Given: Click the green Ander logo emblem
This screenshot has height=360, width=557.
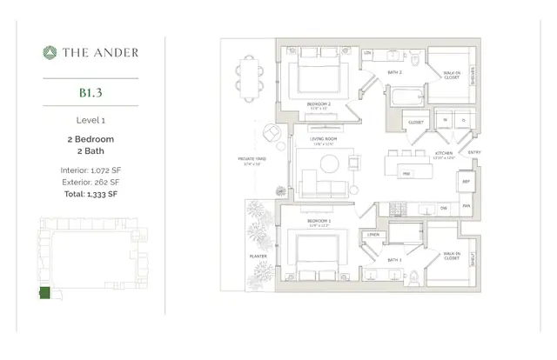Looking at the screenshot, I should tap(50, 52).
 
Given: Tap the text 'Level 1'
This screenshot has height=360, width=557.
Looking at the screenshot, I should tap(91, 120).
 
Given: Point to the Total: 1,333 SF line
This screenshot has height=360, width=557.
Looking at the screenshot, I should tap(91, 194).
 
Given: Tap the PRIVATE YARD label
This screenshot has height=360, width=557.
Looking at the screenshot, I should tap(253, 159).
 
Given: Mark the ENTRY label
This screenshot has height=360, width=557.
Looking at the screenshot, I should tap(473, 152).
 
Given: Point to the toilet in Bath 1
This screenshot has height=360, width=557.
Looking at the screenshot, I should tap(412, 277).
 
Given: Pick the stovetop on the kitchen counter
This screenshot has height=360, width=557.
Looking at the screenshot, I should tap(397, 209).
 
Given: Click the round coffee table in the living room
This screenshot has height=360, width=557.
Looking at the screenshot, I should tap(330, 163).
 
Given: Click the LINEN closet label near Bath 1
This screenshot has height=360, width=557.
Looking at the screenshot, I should tap(374, 235).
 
